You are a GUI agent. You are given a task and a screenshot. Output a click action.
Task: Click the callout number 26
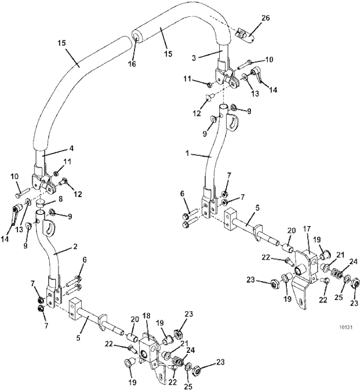click(265, 18)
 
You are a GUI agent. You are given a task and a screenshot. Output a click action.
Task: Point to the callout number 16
click(132, 64)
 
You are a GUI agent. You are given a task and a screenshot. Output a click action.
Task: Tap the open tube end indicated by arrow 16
click(137, 37)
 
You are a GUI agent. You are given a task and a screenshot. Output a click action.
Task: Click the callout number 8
click(61, 199)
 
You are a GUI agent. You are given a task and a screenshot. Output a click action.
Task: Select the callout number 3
click(194, 58)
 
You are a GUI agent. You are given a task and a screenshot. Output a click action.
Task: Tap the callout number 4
click(71, 149)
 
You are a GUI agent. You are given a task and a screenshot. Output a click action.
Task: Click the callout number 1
click(187, 154)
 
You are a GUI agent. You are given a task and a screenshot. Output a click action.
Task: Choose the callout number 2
click(75, 247)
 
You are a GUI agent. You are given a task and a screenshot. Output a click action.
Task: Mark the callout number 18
click(147, 316)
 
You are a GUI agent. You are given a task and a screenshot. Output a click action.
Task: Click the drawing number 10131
click(346, 328)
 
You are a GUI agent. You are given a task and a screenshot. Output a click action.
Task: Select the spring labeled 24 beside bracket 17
click(338, 274)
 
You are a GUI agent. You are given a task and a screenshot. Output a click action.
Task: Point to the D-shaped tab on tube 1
click(232, 122)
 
